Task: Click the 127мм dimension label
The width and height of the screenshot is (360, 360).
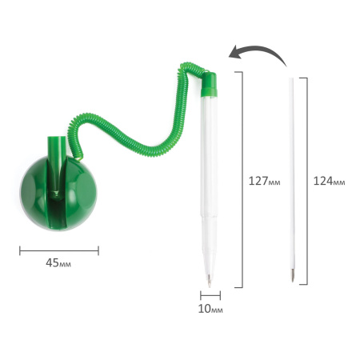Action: [x=264, y=181]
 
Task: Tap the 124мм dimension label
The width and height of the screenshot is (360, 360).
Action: [x=329, y=181]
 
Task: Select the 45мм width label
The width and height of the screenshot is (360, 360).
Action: [x=58, y=263]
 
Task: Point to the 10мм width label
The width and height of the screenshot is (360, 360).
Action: [x=210, y=309]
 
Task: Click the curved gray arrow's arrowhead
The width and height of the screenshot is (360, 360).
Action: [x=234, y=53]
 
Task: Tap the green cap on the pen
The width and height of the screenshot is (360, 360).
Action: [x=209, y=84]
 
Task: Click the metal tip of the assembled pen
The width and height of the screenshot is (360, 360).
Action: [x=210, y=281]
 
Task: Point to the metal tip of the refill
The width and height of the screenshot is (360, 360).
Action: [x=293, y=275]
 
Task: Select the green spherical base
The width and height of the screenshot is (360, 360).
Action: [x=58, y=193]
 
